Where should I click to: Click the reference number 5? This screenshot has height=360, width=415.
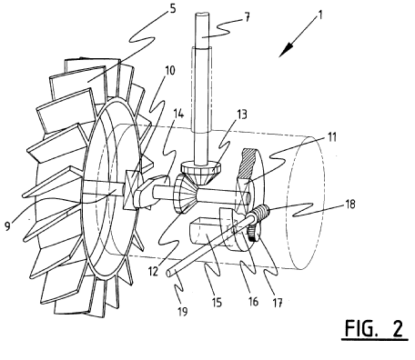(172, 8)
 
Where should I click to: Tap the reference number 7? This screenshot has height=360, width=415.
(248, 17)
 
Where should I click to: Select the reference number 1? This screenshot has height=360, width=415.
(319, 15)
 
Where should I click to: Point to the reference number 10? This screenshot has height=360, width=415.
(169, 71)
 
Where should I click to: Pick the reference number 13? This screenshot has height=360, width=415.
(241, 115)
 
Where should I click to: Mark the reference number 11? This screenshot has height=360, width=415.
(331, 137)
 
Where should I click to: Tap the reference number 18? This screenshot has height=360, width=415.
(349, 204)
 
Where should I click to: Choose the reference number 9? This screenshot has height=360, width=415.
(8, 225)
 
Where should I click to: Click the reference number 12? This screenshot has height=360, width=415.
(153, 271)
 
